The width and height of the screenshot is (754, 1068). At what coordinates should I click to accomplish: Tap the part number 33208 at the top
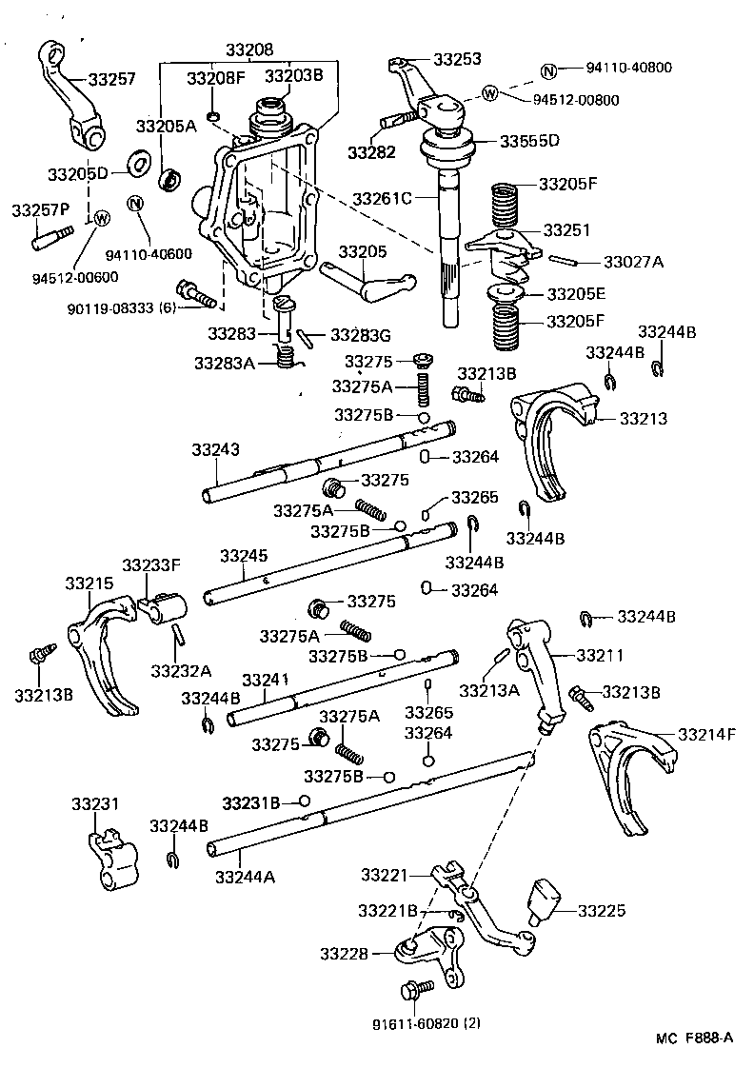[248, 49]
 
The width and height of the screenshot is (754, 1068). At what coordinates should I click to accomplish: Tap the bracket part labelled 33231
[108, 858]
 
